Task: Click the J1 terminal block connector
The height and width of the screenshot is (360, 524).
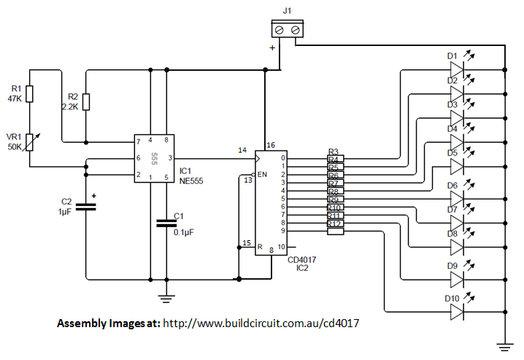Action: point(286,30)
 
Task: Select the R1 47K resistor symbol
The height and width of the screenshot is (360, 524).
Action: point(29,93)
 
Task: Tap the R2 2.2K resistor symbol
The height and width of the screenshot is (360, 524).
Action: point(86,102)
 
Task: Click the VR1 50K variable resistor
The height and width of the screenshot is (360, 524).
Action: point(29,142)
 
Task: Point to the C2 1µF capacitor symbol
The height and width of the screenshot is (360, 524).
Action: point(86,207)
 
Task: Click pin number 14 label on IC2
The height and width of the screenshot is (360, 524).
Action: point(242,150)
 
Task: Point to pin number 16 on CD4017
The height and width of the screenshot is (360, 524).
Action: point(271,145)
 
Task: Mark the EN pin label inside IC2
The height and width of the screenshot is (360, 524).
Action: point(263,175)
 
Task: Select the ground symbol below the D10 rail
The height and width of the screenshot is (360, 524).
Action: point(504,343)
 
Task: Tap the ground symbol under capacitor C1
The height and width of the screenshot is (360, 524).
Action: point(167,298)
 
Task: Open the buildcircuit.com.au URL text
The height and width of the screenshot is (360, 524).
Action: point(263,323)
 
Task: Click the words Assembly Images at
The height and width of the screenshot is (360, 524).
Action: point(108,323)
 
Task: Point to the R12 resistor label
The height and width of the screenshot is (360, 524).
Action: point(335,223)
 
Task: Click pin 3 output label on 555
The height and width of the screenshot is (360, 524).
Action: point(170,158)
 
